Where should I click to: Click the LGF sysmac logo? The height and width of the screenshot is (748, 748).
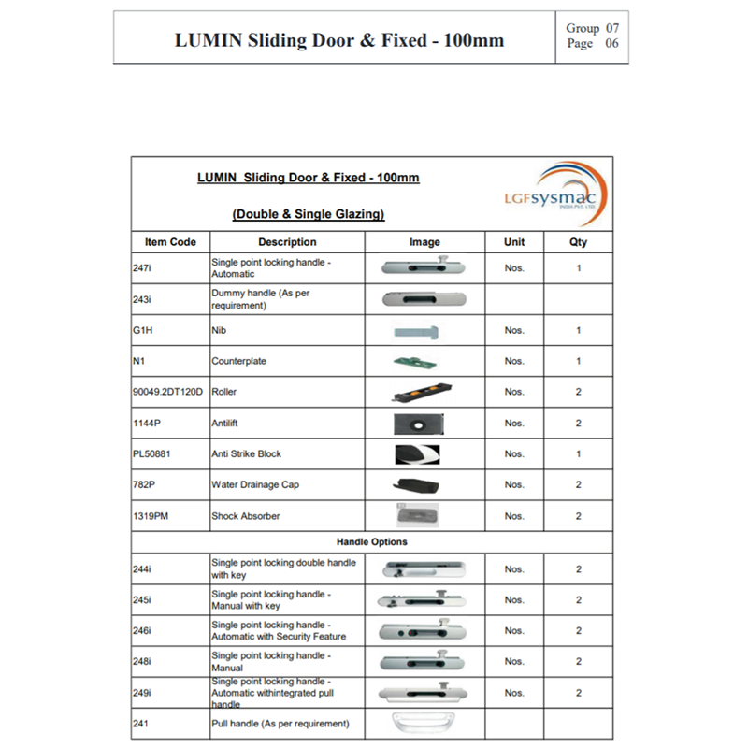[554, 193]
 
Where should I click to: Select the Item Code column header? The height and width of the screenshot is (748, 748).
[170, 242]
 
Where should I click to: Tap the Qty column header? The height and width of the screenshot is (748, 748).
[578, 242]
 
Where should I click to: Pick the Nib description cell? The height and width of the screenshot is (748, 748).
[219, 330]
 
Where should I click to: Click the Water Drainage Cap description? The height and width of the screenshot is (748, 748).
[255, 484]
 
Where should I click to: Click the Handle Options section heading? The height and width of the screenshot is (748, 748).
[372, 541]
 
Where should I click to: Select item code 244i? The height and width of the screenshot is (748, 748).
[142, 568]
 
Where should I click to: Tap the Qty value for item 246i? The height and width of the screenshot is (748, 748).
[578, 631]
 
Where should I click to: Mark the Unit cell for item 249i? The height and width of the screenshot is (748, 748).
[514, 693]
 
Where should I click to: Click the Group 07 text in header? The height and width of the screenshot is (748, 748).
[592, 29]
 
